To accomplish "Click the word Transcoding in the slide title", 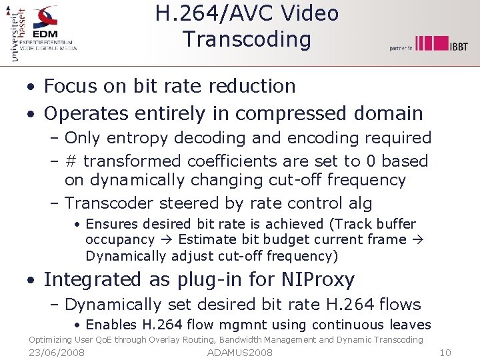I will pyautogui.click(x=247, y=39).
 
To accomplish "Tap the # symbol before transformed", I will pyautogui.click(x=71, y=161).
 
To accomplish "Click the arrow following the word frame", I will pyautogui.click(x=418, y=240).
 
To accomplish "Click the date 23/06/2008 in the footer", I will pyautogui.click(x=57, y=352).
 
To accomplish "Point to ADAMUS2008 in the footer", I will pyautogui.click(x=240, y=352).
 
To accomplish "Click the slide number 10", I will pyautogui.click(x=446, y=352).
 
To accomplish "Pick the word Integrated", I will pyautogui.click(x=93, y=279).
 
